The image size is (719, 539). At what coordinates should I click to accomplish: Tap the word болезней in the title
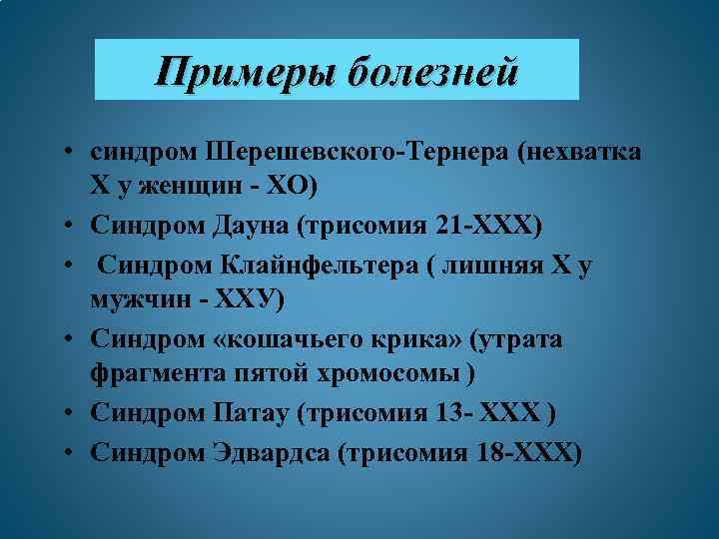(x=434, y=72)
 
